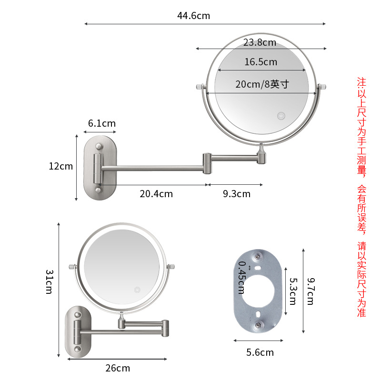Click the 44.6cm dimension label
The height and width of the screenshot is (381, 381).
tap(193, 16)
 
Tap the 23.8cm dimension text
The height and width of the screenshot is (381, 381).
tap(260, 42)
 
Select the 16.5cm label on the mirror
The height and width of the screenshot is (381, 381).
tap(261, 62)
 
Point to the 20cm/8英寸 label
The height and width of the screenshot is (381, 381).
tap(262, 84)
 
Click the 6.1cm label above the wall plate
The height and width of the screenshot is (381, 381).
tap(101, 123)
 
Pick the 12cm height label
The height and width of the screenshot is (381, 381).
tap(60, 166)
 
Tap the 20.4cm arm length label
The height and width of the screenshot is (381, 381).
tap(156, 194)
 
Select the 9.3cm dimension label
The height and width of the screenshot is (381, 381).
tap(236, 194)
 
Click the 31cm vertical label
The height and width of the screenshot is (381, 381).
tap(49, 281)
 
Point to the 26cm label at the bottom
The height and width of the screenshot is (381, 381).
tap(117, 368)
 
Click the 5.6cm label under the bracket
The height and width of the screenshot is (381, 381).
tap(261, 352)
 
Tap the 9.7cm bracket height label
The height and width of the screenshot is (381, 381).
tap(310, 292)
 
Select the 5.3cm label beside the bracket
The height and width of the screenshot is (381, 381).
tap(292, 291)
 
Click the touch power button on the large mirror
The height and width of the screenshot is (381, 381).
tap(281, 116)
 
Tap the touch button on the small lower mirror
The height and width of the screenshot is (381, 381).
tap(137, 289)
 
